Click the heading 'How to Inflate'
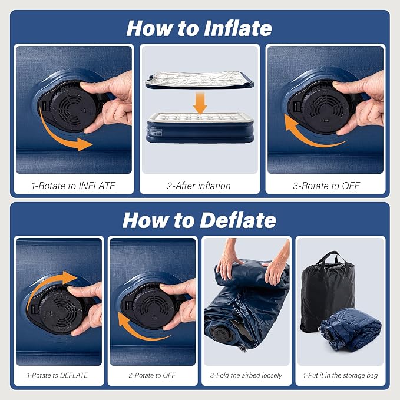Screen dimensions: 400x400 click(199, 28)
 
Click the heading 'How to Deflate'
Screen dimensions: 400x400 click(199, 220)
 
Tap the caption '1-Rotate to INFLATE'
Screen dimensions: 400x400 click(74, 186)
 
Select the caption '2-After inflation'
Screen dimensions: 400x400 click(199, 186)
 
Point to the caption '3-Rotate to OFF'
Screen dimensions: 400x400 click(326, 186)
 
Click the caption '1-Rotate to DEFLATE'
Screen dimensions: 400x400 click(57, 375)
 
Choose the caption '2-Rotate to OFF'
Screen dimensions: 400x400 click(153, 375)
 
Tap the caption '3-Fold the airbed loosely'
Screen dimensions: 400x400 click(246, 375)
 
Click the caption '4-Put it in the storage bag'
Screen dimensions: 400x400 click(340, 375)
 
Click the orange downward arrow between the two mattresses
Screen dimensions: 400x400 click(200, 103)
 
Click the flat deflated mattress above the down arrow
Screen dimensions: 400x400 click(199, 80)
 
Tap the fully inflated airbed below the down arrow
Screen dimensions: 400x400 click(200, 127)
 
